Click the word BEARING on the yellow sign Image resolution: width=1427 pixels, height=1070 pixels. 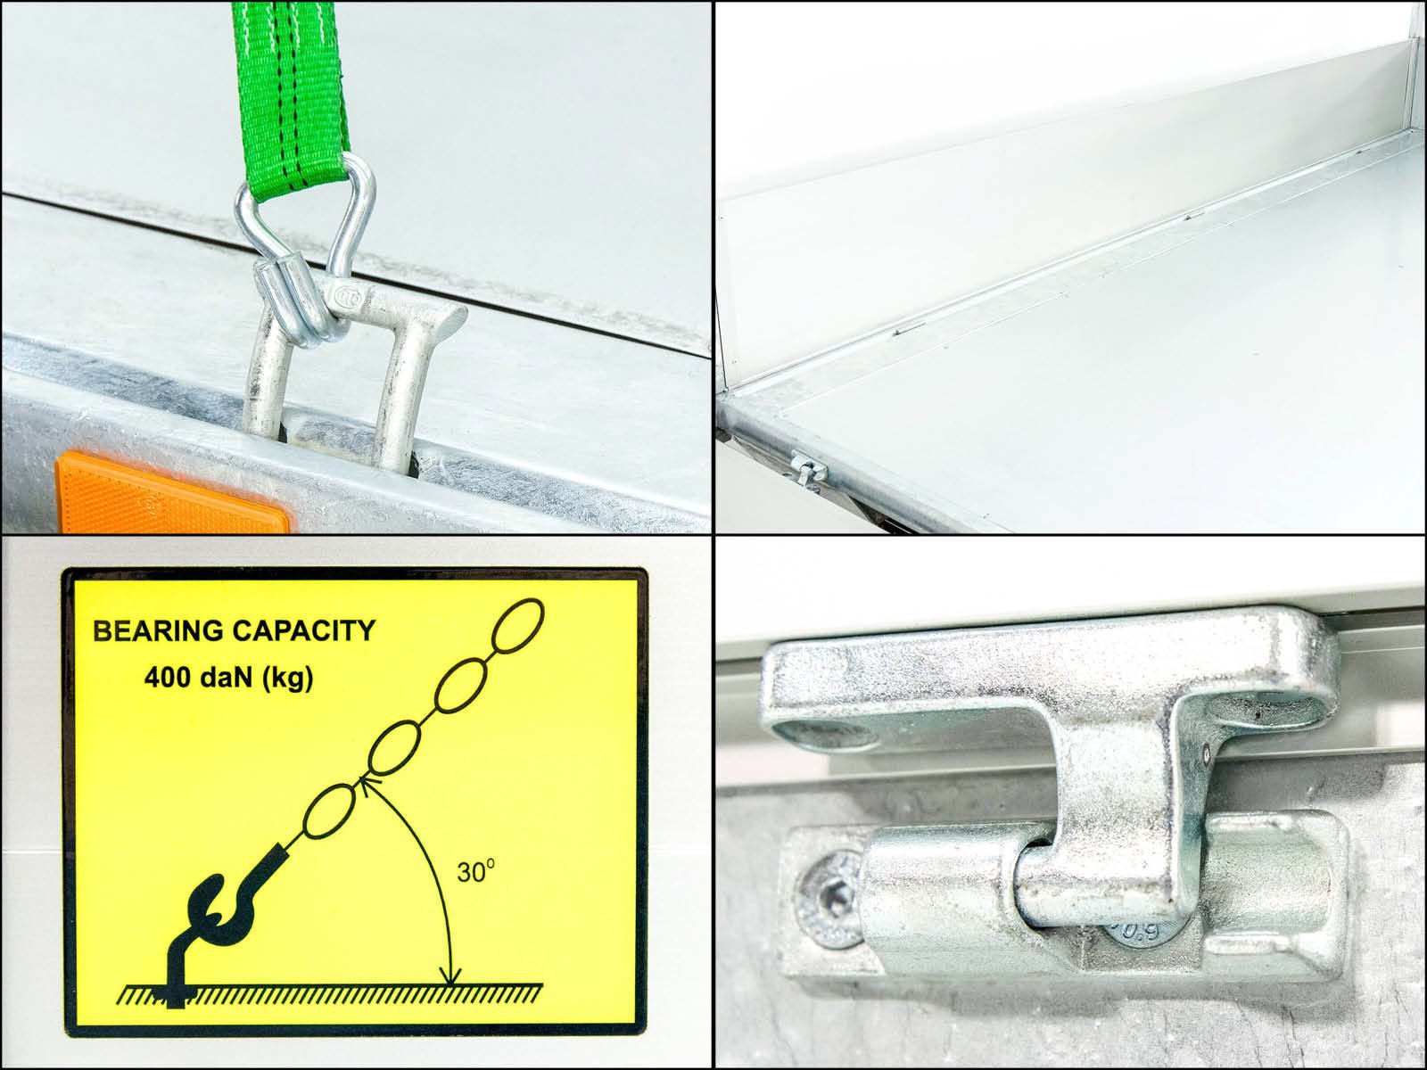158,630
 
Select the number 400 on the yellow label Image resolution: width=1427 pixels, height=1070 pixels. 167,679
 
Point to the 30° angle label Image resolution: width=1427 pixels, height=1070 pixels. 476,872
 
